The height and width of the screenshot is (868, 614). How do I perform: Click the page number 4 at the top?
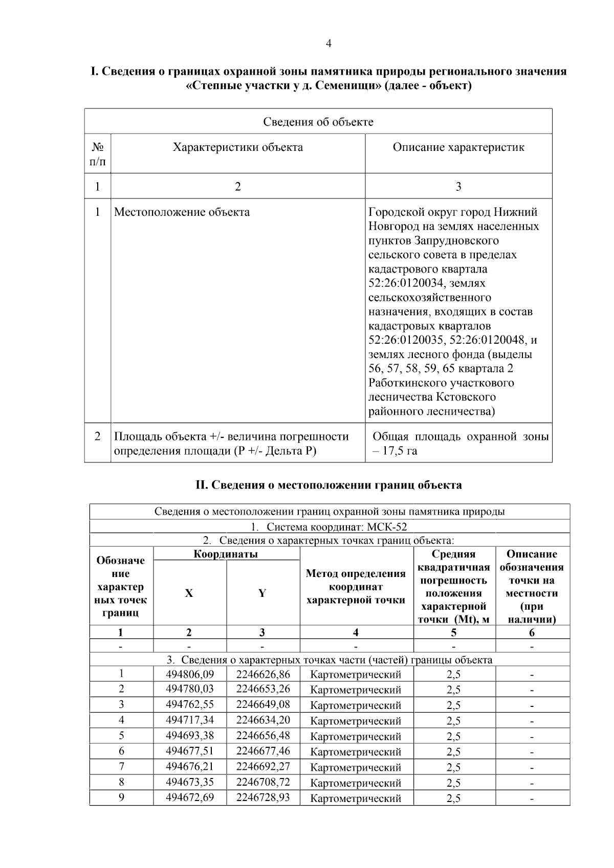(x=328, y=44)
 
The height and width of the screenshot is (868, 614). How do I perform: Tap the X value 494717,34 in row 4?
(x=190, y=720)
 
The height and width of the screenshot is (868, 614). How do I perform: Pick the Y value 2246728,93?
(x=263, y=797)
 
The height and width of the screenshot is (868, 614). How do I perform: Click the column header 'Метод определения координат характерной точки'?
(x=356, y=587)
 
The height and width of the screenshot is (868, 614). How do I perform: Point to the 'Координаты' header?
(x=226, y=554)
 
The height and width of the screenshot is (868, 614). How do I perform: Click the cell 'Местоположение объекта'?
(x=182, y=212)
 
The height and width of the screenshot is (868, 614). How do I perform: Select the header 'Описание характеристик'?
(x=458, y=148)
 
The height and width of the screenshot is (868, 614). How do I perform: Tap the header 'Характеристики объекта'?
(x=237, y=148)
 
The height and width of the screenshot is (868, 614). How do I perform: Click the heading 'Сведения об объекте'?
(x=318, y=122)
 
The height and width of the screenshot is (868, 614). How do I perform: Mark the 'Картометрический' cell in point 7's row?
(x=356, y=767)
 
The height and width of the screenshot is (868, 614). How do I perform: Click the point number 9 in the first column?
(x=121, y=797)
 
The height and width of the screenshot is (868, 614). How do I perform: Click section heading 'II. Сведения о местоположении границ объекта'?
(x=328, y=485)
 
